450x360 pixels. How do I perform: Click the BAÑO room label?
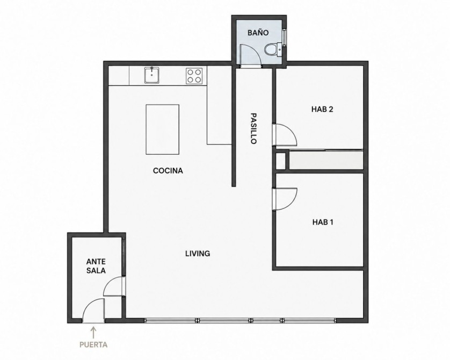pos(258,32)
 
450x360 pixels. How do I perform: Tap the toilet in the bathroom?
pos(273,49)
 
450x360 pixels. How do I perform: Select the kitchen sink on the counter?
pos(151,75)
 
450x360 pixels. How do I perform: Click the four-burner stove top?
pos(194,76)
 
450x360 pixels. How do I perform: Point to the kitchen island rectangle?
pos(162,129)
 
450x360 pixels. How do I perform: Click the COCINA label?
pos(168,170)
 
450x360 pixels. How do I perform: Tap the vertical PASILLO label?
pos(253,128)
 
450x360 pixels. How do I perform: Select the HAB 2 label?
pos(322,110)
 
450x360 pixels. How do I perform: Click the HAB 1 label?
pos(323,222)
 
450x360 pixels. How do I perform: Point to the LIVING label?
pos(198,254)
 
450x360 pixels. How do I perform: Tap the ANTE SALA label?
pos(96,266)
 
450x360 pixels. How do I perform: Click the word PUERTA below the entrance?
pos(93,344)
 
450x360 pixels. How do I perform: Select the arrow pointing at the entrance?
pos(93,333)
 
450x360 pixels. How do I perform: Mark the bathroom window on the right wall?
pos(285,37)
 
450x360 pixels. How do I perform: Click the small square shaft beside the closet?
pos(280,161)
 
